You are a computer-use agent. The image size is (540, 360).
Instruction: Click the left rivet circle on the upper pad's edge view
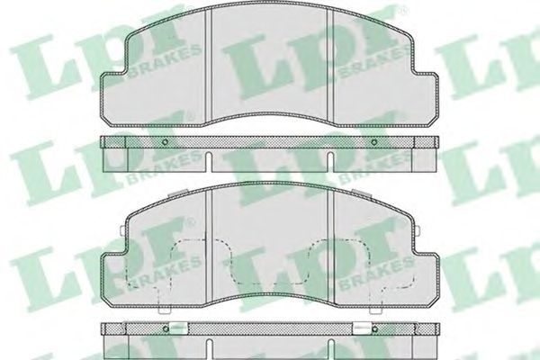coord(165,142)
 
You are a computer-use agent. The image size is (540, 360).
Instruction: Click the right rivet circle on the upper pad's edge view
coord(374,142)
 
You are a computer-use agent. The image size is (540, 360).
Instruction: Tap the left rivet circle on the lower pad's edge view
coord(166,329)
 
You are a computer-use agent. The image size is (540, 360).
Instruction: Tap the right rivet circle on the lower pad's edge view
coord(375,329)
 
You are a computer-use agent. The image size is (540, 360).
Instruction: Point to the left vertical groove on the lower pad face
coord(208,247)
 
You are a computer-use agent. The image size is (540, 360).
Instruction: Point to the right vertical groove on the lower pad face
coord(331,247)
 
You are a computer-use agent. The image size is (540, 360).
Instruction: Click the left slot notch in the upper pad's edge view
coord(209,162)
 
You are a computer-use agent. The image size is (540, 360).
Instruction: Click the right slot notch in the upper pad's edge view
coord(330,162)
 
